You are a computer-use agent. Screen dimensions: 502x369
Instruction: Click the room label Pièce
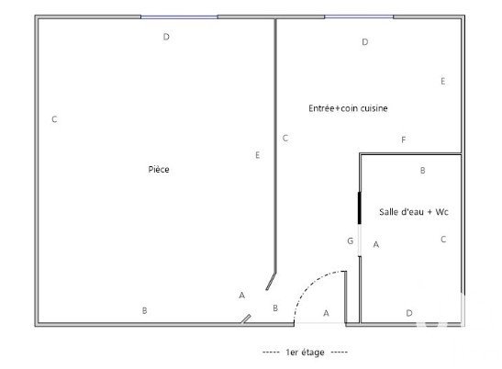(159, 169)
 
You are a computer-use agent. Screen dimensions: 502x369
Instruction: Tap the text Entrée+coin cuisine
(348, 108)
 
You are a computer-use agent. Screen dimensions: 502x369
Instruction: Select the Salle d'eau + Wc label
(414, 212)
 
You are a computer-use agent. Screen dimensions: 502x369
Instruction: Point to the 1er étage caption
(305, 352)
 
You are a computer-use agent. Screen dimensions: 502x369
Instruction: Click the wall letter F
(404, 140)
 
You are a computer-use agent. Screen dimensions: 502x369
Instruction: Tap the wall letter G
(351, 240)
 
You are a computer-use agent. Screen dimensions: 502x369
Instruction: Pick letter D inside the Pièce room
(166, 37)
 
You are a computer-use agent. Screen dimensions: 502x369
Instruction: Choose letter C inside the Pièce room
(54, 119)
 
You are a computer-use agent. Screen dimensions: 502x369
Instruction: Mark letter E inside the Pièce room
(257, 155)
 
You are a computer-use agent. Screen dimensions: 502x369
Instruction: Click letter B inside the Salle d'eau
(422, 171)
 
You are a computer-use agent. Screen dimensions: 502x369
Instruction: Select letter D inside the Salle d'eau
(409, 313)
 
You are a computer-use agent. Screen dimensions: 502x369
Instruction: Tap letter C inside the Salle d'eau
(443, 240)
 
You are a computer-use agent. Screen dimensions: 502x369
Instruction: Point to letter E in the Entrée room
(443, 81)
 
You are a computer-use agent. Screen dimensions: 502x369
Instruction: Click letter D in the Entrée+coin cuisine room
(365, 42)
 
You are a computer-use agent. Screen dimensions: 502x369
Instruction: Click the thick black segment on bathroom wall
(359, 207)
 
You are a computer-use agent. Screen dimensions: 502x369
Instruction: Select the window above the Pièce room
(179, 17)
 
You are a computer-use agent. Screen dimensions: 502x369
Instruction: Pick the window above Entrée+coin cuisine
(359, 17)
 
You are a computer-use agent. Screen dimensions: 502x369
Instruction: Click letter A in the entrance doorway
(326, 313)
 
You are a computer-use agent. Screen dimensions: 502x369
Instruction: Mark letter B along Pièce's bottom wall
(144, 310)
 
